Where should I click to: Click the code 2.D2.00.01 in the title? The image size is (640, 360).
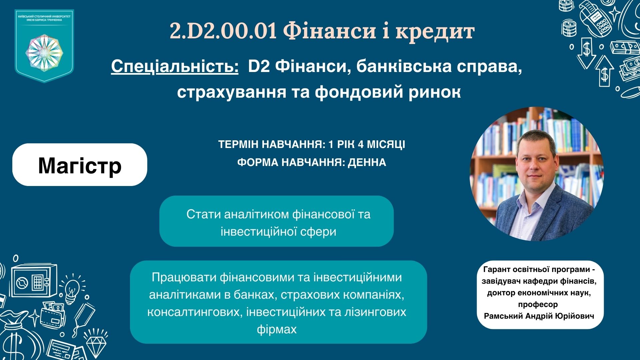click(223, 31)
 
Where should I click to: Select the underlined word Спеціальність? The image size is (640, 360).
click(175, 66)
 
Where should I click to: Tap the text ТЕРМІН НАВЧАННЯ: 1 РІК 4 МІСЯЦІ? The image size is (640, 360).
click(312, 145)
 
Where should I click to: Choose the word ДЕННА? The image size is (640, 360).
click(367, 162)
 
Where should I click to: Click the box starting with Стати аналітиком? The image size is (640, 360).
click(276, 221)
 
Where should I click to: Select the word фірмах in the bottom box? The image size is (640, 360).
click(277, 329)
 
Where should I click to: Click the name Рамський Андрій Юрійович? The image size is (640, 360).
click(539, 316)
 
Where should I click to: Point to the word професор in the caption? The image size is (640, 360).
click(538, 304)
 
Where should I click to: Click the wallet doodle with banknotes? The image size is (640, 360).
click(53, 315)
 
